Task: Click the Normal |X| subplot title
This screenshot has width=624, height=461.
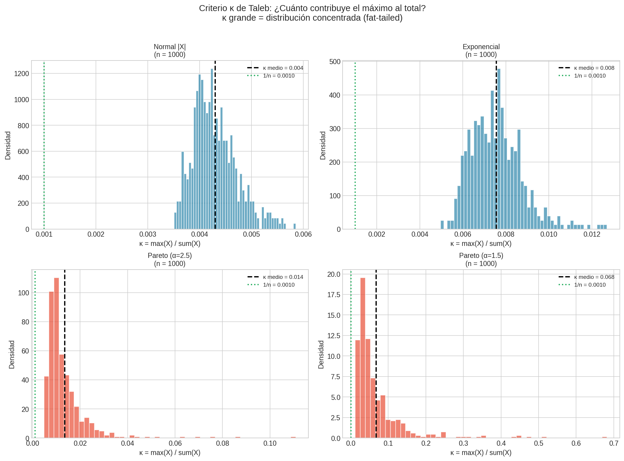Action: [x=170, y=47]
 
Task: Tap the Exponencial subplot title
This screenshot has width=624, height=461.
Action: [x=481, y=47]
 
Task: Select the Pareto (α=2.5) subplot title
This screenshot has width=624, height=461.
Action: [x=170, y=256]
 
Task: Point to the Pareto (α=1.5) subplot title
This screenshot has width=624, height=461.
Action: [x=481, y=256]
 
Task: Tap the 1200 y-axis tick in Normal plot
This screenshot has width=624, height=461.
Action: [x=22, y=74]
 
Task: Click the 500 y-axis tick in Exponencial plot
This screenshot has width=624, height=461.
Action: [x=335, y=62]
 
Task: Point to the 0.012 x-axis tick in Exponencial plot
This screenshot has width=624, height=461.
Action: [x=592, y=235]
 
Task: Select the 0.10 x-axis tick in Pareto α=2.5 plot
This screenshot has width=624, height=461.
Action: [x=270, y=444]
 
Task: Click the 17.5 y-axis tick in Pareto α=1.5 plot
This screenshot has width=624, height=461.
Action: [x=334, y=295]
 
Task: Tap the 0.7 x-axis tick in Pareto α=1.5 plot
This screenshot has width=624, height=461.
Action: [x=614, y=444]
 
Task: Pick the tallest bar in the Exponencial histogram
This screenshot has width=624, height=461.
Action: [x=499, y=150]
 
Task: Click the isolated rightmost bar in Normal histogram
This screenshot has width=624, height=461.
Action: [x=294, y=226]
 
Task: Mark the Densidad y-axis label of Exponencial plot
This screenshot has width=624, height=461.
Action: [x=323, y=145]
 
